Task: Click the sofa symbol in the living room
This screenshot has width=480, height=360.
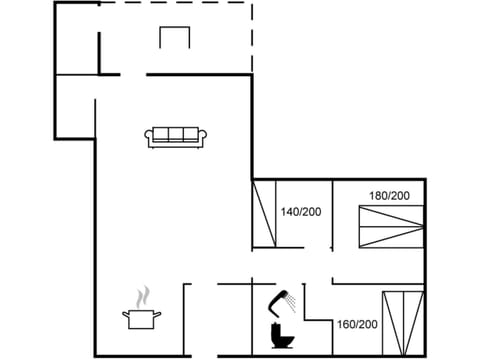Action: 176,137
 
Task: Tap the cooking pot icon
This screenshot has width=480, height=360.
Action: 141,318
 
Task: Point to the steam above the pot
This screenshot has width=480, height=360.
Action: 144,296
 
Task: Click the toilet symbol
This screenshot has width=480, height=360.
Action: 280,333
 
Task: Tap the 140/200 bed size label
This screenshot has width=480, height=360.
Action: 300,212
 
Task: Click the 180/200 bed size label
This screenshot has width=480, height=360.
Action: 390,195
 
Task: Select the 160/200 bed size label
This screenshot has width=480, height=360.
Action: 356,324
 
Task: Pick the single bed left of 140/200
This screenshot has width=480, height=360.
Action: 264,212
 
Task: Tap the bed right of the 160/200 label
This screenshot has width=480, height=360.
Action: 402,321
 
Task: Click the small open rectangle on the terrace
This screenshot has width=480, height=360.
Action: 174,37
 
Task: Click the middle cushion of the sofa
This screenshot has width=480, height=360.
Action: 176,134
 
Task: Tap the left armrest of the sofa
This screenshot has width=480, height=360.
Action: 150,138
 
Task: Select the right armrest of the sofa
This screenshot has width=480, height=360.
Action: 203,138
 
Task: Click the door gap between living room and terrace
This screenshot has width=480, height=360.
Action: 133,73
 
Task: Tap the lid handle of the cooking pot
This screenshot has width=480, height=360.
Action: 141,310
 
